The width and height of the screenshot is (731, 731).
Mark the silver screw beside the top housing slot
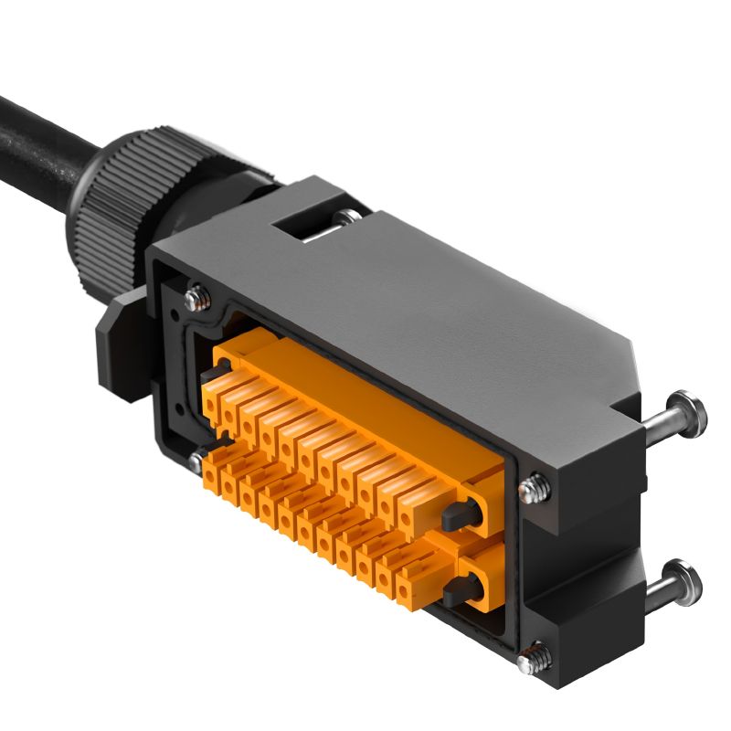(344, 217)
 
